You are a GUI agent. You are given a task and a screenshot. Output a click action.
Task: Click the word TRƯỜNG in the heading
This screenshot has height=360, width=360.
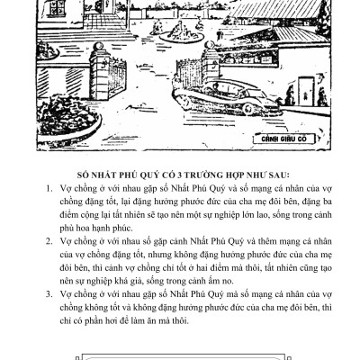click(x=204, y=178)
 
